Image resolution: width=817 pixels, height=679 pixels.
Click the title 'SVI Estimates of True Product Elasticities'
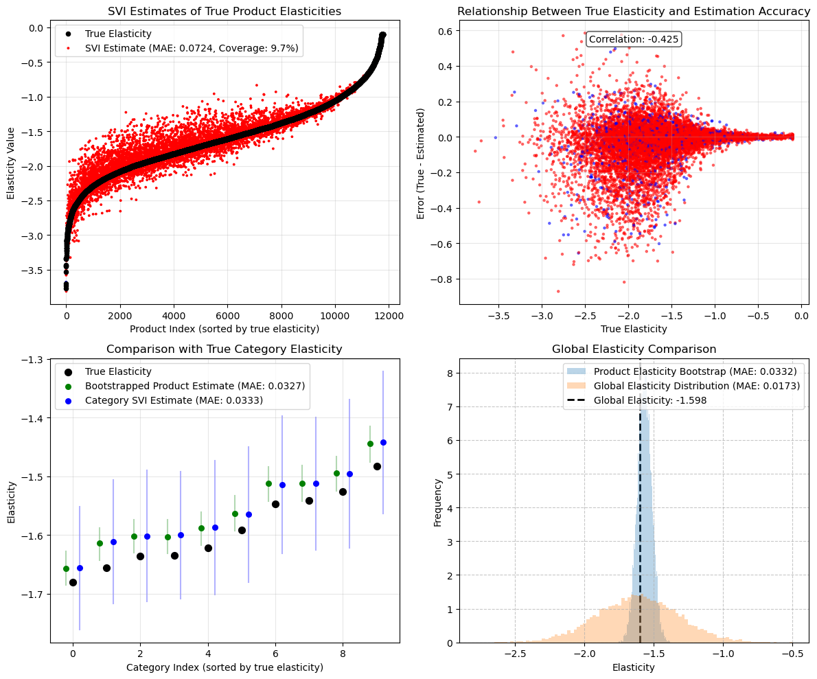(225, 12)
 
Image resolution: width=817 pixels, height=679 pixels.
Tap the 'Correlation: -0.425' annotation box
(634, 39)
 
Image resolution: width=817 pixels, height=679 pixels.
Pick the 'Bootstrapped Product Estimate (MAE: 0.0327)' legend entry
(194, 386)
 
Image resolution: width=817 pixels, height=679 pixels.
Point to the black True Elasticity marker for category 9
(377, 466)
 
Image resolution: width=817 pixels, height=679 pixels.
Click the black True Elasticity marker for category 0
(73, 582)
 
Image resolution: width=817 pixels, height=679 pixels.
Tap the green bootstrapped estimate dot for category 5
(235, 514)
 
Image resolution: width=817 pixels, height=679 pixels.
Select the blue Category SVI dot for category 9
(383, 442)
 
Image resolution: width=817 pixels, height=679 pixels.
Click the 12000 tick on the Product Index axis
(389, 314)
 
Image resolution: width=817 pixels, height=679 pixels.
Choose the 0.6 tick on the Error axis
(443, 32)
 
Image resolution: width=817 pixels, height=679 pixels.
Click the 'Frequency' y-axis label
(437, 501)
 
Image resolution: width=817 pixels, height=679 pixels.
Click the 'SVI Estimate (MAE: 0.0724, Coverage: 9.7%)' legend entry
(192, 48)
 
